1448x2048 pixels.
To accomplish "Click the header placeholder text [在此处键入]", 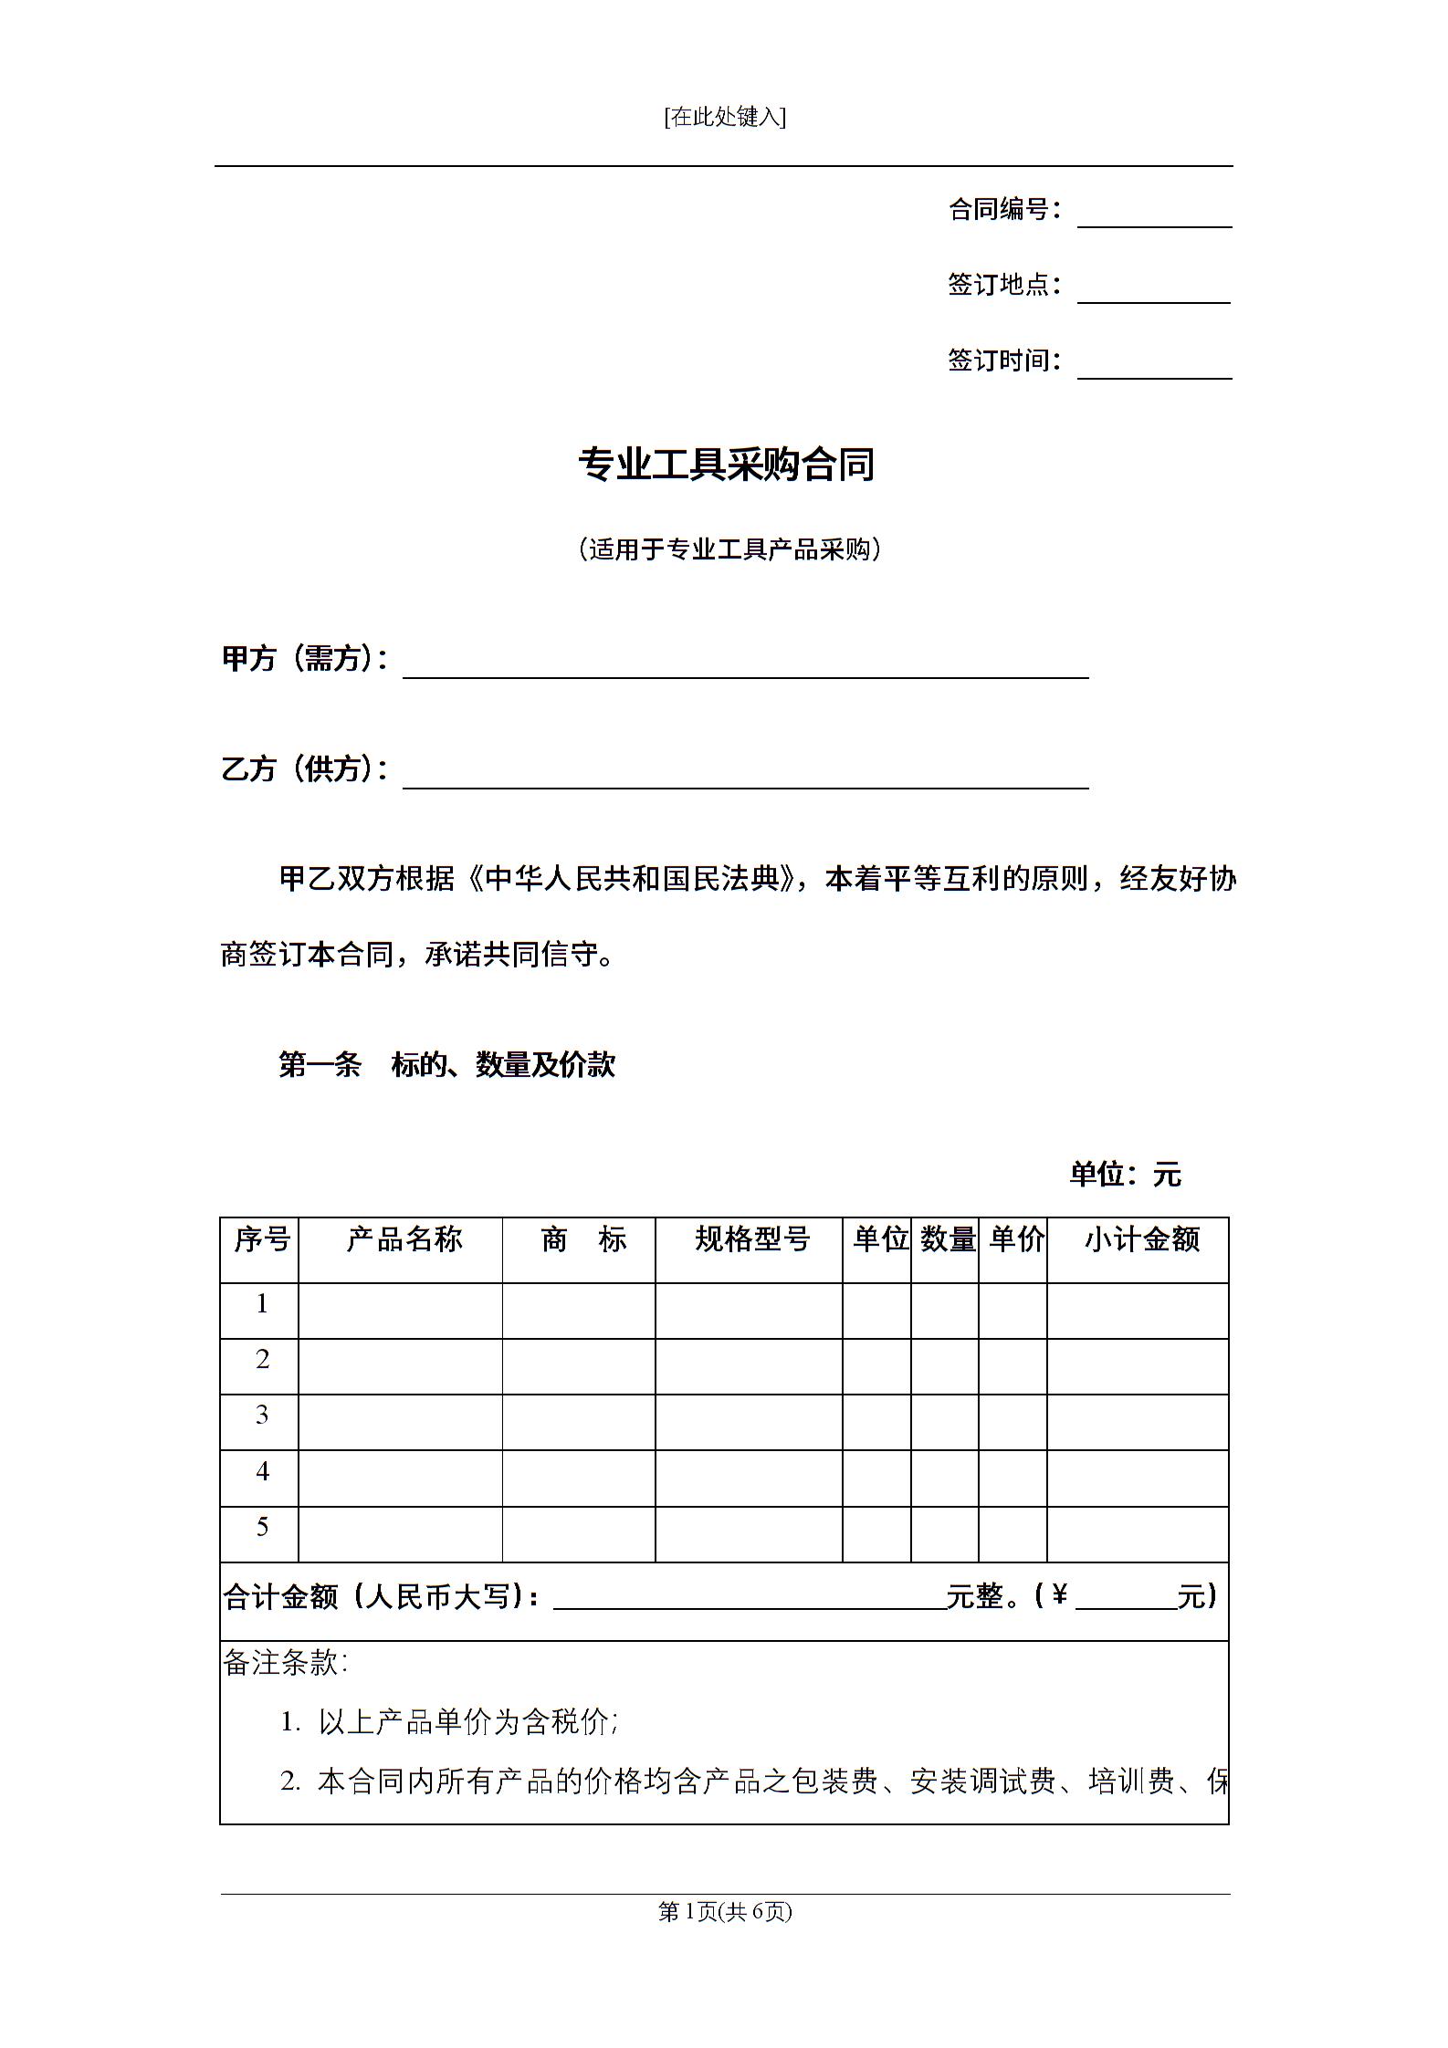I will (725, 117).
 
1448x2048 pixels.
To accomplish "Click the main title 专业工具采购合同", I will (726, 464).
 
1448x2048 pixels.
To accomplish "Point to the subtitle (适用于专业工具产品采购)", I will (729, 549).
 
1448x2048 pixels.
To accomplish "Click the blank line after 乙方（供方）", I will (745, 777).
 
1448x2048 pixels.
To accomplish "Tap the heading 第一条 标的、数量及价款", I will (446, 1064).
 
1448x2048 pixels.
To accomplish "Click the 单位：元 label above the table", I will (1125, 1175).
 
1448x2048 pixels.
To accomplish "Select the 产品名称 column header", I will (404, 1239).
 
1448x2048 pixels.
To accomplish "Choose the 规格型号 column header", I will (751, 1239).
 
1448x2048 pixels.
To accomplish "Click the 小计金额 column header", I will (1141, 1239).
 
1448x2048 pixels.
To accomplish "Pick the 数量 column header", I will (948, 1239).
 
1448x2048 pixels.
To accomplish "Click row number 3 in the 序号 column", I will (262, 1415).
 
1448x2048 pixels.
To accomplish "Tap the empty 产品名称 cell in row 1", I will (400, 1311).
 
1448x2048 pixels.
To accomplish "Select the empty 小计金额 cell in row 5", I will (1137, 1533).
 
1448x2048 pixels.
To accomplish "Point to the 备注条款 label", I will (285, 1663).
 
